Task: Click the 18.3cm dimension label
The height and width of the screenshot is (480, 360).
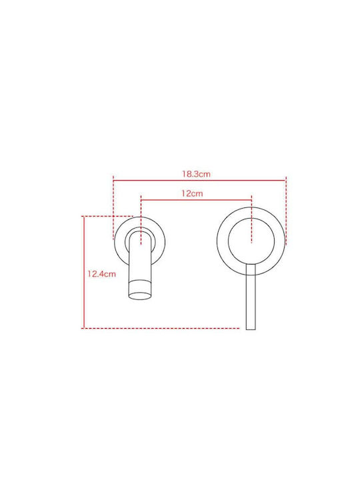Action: (x=196, y=174)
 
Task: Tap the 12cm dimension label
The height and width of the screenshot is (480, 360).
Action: (x=192, y=193)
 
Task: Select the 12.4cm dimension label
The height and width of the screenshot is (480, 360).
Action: (x=101, y=274)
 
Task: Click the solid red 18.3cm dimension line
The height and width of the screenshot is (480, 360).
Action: (x=199, y=181)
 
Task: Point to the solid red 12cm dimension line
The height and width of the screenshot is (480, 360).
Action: (x=196, y=200)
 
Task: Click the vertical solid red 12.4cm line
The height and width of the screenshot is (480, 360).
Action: (x=83, y=272)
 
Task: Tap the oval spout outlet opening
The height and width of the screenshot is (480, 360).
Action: (x=140, y=295)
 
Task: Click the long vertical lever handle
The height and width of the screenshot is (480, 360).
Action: (x=251, y=296)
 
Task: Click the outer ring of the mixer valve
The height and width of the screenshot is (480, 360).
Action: (x=217, y=241)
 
